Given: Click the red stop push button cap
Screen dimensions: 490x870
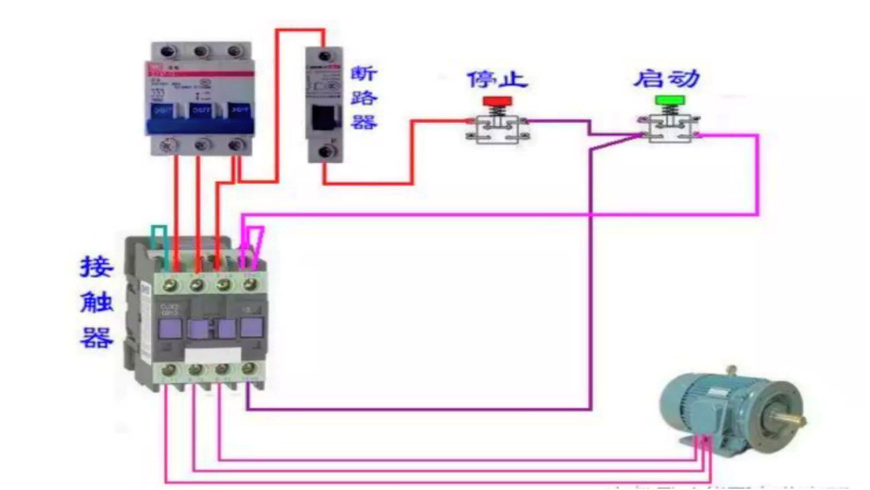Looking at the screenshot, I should pyautogui.click(x=497, y=101).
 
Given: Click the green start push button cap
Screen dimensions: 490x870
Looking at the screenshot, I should pyautogui.click(x=670, y=100).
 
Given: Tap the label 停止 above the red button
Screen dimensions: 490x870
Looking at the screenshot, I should pyautogui.click(x=497, y=79).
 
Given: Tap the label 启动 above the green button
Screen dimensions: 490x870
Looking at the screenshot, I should pyautogui.click(x=667, y=78).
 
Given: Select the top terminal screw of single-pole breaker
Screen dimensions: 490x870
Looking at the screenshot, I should pyautogui.click(x=324, y=56).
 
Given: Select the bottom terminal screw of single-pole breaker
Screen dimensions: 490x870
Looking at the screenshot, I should pyautogui.click(x=325, y=152).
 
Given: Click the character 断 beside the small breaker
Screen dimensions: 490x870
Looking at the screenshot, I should pyautogui.click(x=364, y=73).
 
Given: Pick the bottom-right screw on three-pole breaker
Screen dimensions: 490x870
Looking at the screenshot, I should pyautogui.click(x=236, y=145).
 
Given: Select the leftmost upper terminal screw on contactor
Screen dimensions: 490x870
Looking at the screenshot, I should pyautogui.click(x=170, y=285).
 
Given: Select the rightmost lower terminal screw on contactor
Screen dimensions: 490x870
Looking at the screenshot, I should pyautogui.click(x=249, y=368).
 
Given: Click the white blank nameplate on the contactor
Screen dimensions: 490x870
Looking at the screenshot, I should pyautogui.click(x=213, y=356).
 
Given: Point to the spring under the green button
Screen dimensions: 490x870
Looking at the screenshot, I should pyautogui.click(x=670, y=110).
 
